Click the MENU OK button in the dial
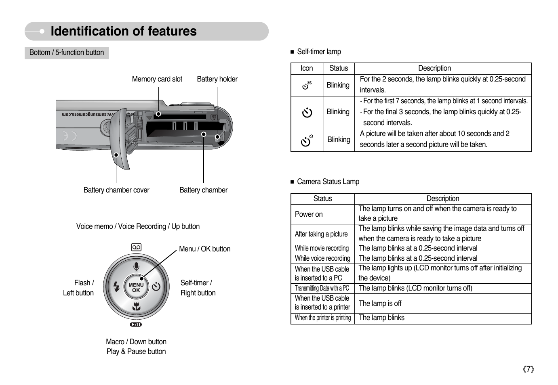(136, 287)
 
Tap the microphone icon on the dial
(136, 266)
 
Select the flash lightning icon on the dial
(116, 287)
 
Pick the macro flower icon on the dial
(136, 306)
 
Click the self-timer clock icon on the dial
(156, 287)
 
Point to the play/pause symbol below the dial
(136, 324)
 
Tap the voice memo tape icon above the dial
(136, 247)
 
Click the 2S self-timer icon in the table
(307, 86)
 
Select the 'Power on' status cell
(322, 214)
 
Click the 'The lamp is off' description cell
(443, 303)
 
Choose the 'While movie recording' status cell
(322, 249)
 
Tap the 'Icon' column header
(307, 68)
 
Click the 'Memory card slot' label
(157, 79)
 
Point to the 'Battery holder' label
(217, 79)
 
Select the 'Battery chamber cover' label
(116, 190)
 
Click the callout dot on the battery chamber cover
(116, 155)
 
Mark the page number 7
(529, 369)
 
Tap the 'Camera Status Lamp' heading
(328, 182)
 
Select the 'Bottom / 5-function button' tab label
(67, 52)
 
